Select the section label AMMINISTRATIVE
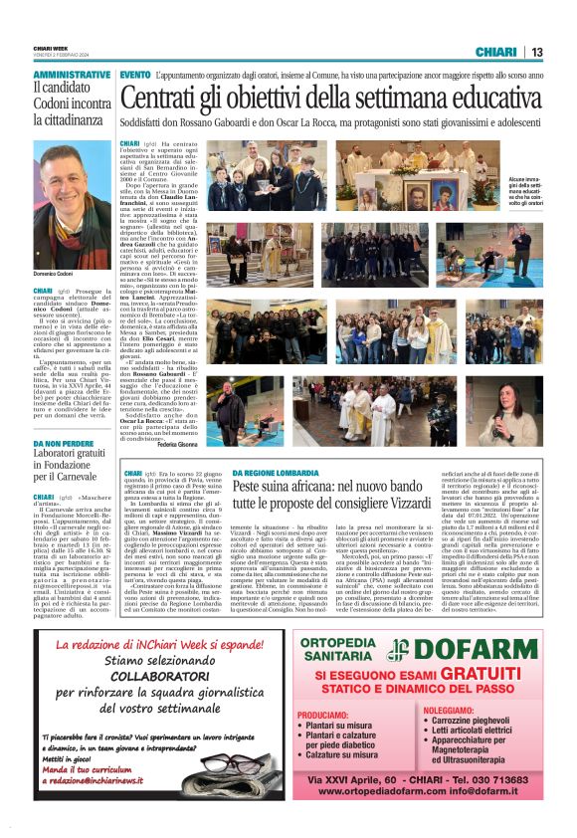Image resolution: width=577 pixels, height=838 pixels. coord(72,76)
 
